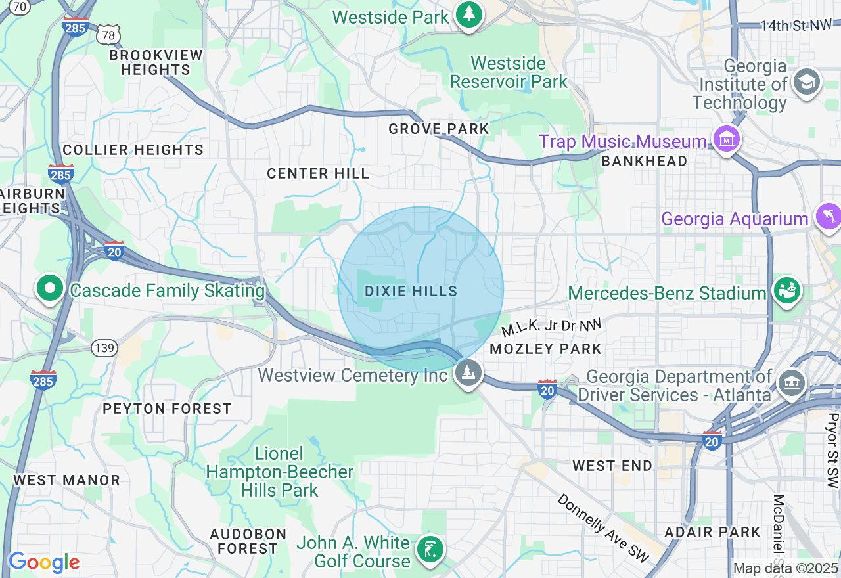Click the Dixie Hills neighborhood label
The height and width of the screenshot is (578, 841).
[x=411, y=291]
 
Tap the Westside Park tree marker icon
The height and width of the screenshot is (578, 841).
[x=468, y=14]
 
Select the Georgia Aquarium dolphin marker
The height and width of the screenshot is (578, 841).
[x=827, y=217]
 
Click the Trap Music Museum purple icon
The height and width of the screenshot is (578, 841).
[x=727, y=139]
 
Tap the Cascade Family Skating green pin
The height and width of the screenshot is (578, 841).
[x=50, y=288]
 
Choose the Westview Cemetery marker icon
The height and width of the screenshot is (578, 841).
[x=468, y=373]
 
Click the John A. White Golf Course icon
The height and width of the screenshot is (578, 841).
[x=430, y=549]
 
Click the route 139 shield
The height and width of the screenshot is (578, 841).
[x=106, y=348]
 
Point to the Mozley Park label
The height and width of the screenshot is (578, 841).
[x=546, y=349]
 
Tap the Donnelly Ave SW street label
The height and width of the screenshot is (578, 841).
[x=602, y=527]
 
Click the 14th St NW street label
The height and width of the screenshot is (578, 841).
[x=796, y=26]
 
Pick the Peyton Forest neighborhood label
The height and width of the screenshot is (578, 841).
[x=167, y=409]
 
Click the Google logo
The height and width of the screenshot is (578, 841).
[x=43, y=562]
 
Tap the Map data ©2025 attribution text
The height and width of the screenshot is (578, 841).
[x=786, y=568]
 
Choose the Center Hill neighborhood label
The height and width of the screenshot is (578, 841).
[x=318, y=173]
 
